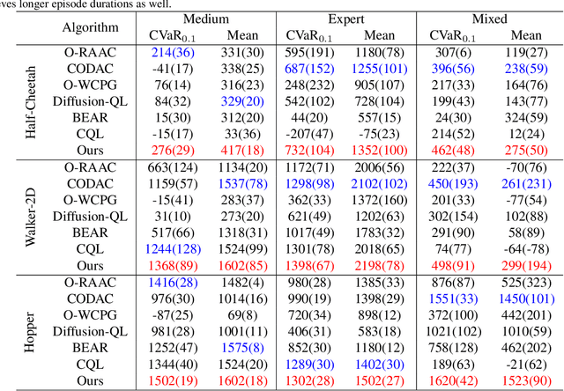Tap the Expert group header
pyautogui.click(x=347, y=19)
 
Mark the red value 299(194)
pyautogui.click(x=526, y=264)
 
